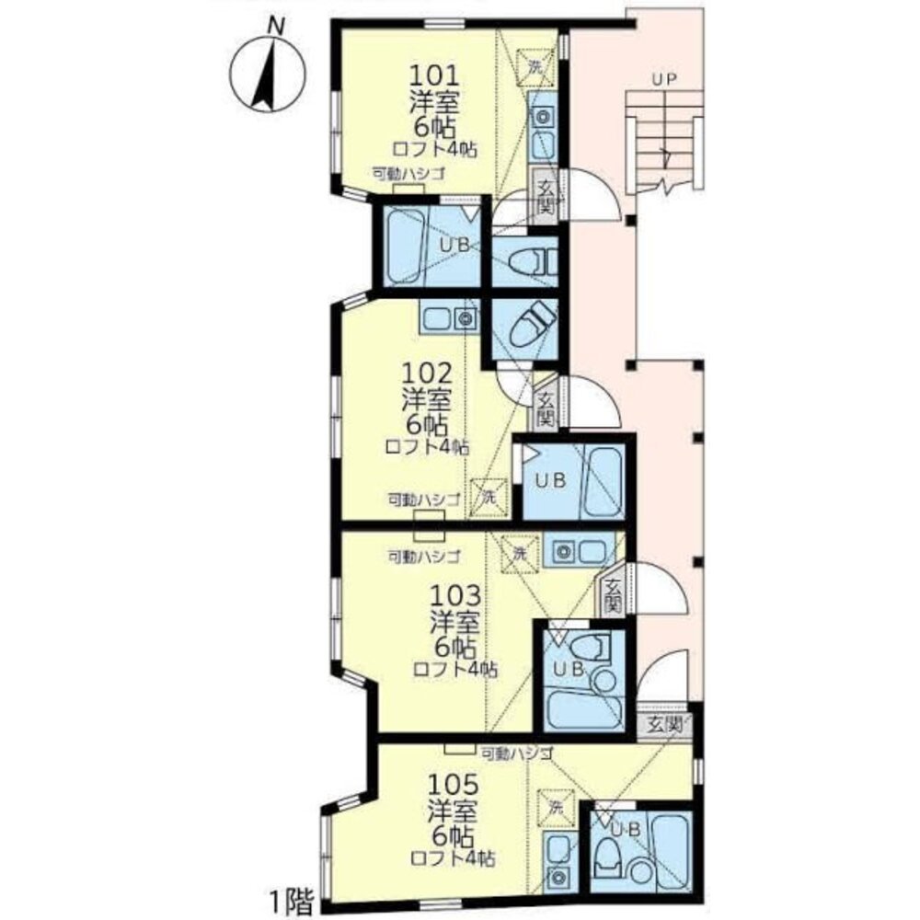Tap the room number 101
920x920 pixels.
[433, 75]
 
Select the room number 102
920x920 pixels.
[427, 374]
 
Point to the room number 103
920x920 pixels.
[456, 596]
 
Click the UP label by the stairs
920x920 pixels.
[664, 78]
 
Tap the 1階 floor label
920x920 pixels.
[292, 903]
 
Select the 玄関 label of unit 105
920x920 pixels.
[664, 725]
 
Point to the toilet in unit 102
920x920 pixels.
[532, 327]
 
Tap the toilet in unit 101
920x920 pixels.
[532, 262]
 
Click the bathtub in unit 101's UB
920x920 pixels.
[405, 246]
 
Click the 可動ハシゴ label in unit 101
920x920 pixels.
[408, 174]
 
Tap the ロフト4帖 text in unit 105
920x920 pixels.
[453, 859]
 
